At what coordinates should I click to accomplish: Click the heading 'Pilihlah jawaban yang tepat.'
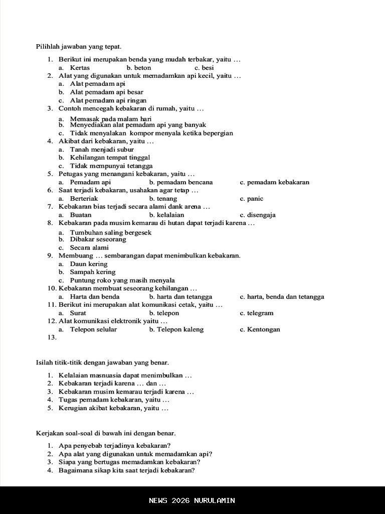coord(79,47)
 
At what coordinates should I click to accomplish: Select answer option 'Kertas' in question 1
coord(80,67)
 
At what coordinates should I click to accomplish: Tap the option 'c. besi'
coord(204,67)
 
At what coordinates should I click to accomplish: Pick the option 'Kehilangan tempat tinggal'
coord(110,158)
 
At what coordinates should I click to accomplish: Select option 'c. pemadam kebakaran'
coord(274,182)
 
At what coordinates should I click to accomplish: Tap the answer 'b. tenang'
coord(163,198)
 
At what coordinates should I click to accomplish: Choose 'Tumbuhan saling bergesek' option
coord(110,232)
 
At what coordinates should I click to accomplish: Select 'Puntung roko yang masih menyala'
coord(122,280)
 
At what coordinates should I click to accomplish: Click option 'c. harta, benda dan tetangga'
coord(282,297)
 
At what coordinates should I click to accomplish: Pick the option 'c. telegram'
coord(257,313)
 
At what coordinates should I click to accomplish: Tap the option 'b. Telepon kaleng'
coord(176,329)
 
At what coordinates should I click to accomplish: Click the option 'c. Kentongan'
coord(260,329)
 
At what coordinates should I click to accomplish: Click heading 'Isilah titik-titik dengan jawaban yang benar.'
coord(102,362)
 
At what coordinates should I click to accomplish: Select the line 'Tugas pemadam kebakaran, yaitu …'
coord(114,400)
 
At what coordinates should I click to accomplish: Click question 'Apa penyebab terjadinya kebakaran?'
coord(114,445)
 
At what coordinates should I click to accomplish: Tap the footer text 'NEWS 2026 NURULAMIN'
coord(192,500)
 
